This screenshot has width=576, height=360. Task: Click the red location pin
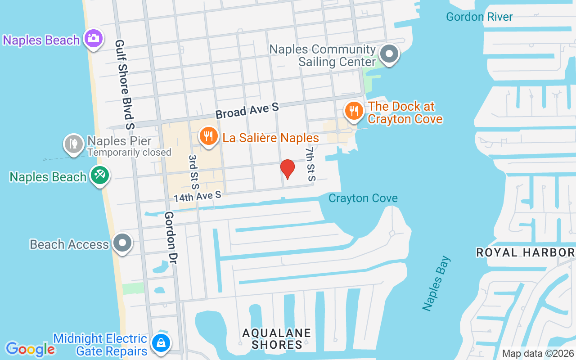tap(288, 169)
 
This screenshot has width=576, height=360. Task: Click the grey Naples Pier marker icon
tap(74, 144)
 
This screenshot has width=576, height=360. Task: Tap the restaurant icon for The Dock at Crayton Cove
tap(354, 110)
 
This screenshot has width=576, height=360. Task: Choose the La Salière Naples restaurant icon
tap(208, 136)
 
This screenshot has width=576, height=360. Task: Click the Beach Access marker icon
tap(122, 243)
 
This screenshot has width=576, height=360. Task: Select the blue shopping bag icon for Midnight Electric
tap(161, 343)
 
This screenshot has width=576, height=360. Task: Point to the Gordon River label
tap(479, 17)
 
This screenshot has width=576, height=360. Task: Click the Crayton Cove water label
tap(363, 198)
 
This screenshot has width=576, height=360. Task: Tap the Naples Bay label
tap(436, 283)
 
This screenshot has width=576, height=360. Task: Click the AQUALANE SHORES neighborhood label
tap(276, 339)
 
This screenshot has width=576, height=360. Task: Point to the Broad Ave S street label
tap(247, 110)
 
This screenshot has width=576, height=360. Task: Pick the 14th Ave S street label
tap(198, 196)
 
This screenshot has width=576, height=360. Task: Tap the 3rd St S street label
tap(193, 172)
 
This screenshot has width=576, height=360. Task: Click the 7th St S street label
tap(310, 163)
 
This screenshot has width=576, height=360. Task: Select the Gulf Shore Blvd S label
tap(125, 84)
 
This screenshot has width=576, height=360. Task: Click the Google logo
tap(30, 349)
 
